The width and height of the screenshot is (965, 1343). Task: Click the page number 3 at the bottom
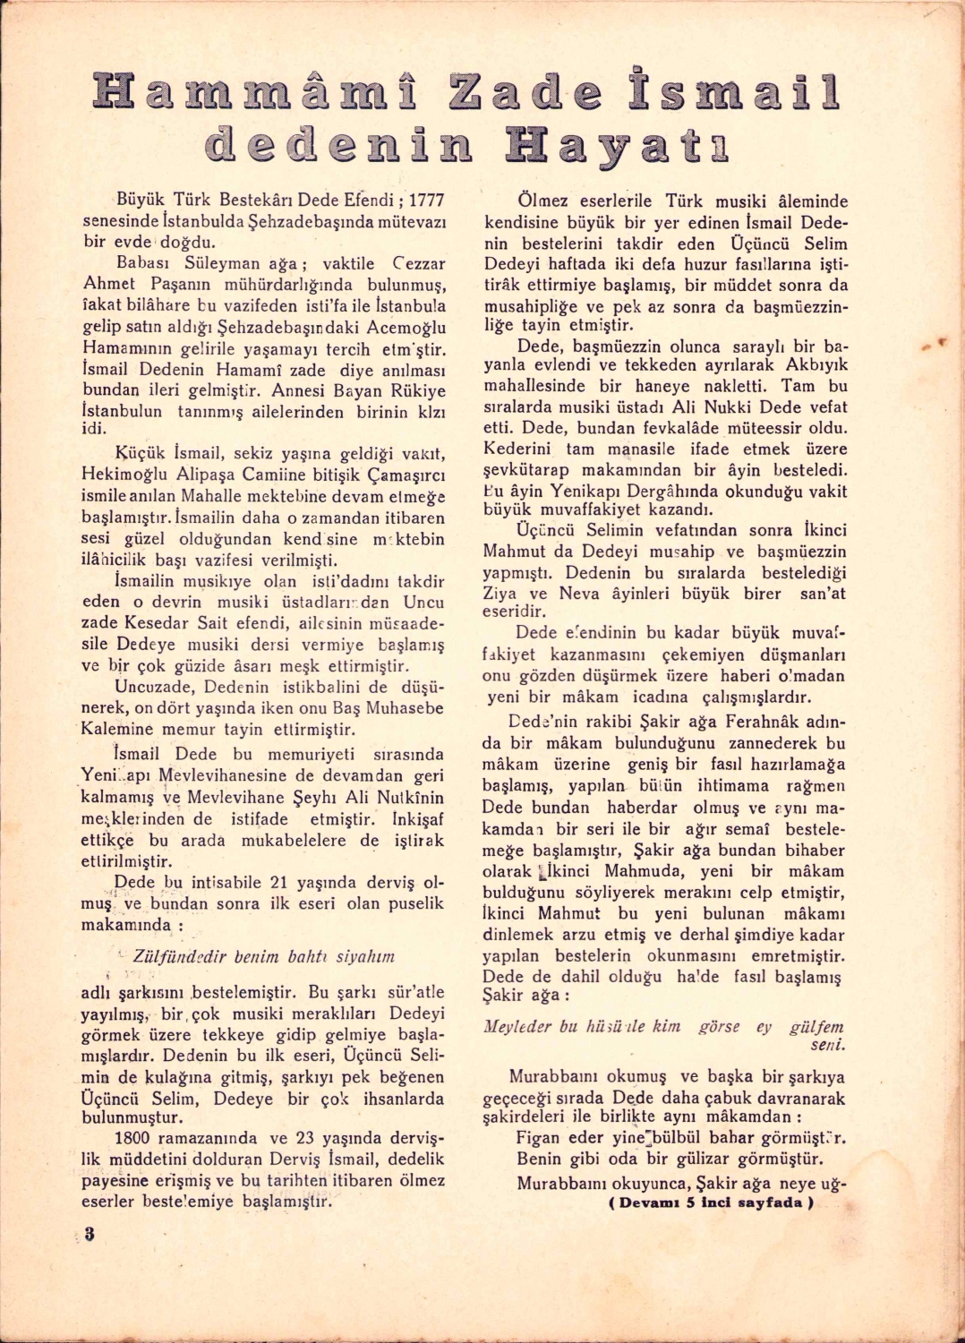point(90,1233)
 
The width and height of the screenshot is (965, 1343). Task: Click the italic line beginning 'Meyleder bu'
point(663,1027)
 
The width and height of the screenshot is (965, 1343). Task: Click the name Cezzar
point(419,263)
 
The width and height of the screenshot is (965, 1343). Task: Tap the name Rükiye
point(416,390)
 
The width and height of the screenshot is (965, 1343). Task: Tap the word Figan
point(539,1138)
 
